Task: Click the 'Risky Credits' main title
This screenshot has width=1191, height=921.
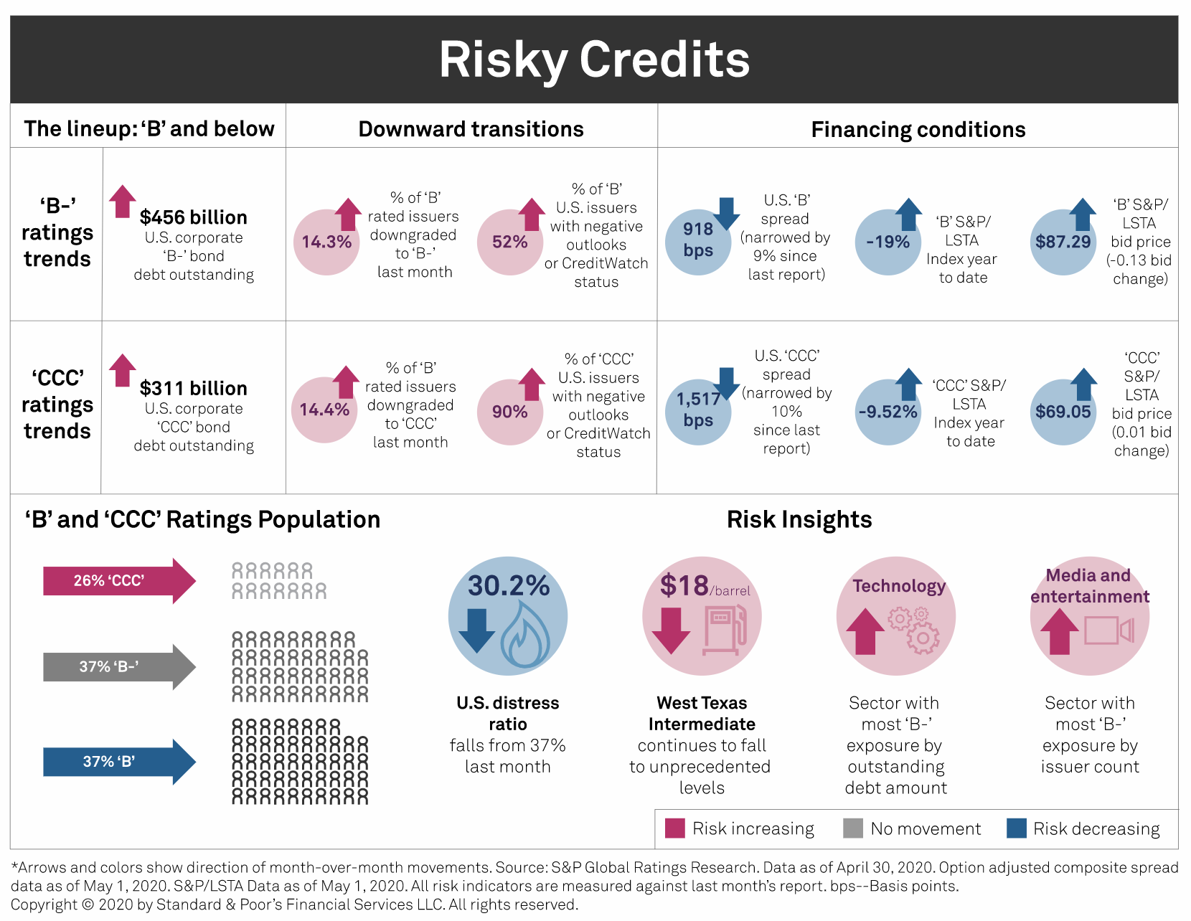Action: tap(594, 59)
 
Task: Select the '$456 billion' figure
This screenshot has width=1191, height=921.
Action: tap(193, 217)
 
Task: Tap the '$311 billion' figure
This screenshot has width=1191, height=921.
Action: tap(193, 388)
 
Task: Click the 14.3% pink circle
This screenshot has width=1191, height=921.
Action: tap(326, 242)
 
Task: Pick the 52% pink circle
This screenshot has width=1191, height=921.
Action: tap(510, 242)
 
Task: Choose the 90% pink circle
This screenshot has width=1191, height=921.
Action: tap(510, 412)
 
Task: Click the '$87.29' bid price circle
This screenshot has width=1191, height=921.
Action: tap(1063, 242)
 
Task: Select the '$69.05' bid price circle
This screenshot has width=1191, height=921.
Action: tap(1063, 412)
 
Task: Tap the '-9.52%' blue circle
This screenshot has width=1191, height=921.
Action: tap(888, 412)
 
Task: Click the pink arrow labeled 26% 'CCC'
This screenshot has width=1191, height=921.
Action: tap(118, 581)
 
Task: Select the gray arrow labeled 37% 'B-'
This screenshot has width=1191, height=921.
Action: tap(118, 667)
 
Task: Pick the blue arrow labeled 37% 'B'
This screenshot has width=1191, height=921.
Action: tap(118, 762)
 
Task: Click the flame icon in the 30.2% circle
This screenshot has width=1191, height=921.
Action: tap(525, 635)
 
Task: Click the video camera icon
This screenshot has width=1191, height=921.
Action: tap(1108, 630)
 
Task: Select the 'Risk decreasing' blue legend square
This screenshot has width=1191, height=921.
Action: tap(1017, 828)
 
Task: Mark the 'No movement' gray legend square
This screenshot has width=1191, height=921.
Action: tap(853, 828)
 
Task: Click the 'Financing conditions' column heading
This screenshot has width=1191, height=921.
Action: tap(918, 130)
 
